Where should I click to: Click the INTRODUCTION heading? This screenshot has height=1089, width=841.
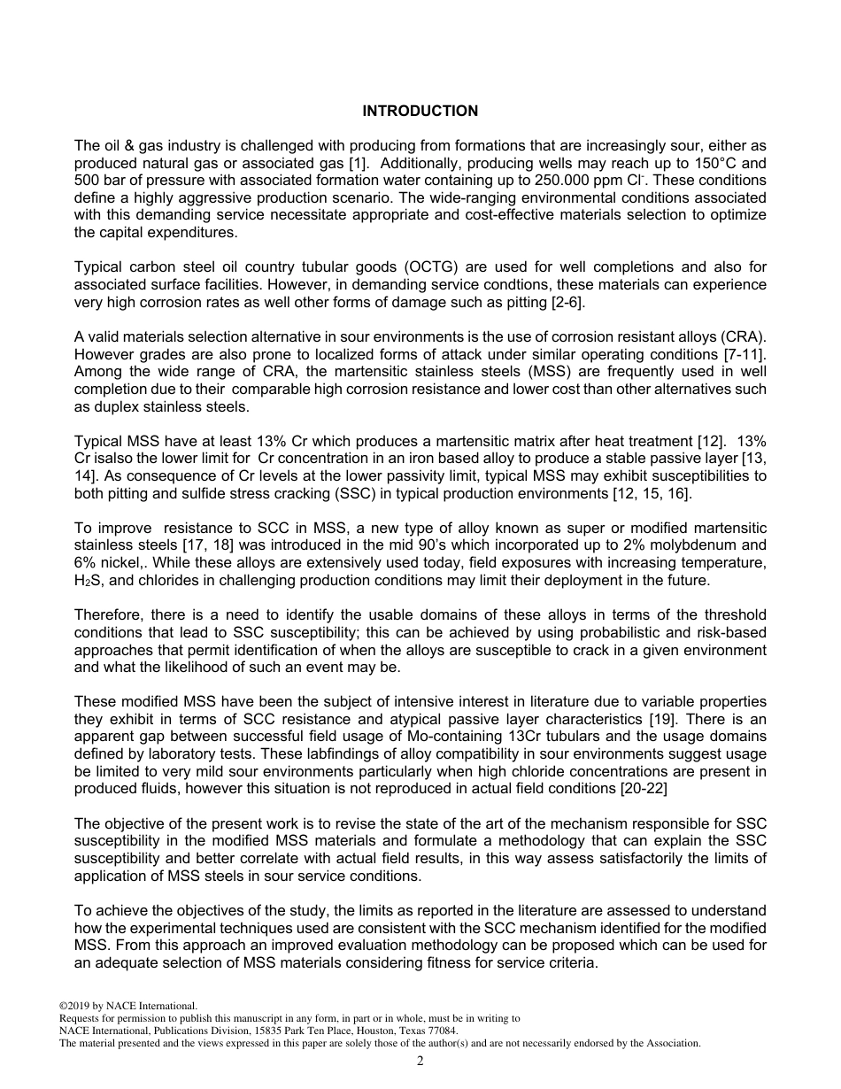pos(420,111)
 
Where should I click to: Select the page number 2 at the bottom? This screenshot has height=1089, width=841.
pos(420,1062)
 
